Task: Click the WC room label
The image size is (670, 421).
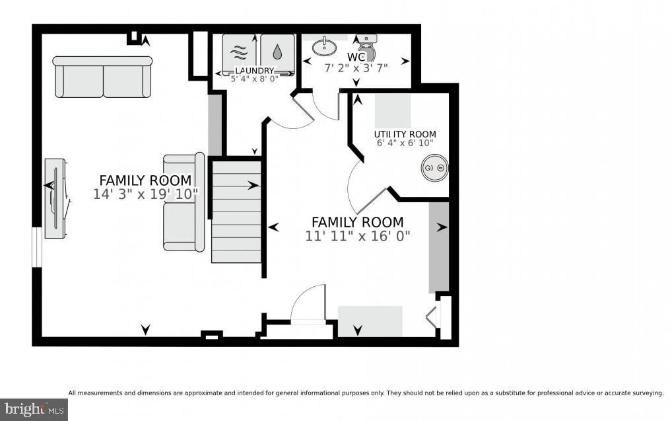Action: (356, 57)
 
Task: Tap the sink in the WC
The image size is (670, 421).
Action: (324, 47)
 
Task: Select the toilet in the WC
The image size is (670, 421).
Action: (366, 47)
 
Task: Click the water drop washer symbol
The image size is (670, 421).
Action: (277, 54)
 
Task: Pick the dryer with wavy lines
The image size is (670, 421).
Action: (239, 54)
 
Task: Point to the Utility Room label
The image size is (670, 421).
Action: (405, 134)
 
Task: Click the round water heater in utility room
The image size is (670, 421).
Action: (434, 167)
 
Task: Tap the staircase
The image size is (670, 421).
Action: (236, 211)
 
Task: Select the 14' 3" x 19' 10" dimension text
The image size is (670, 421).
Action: (146, 194)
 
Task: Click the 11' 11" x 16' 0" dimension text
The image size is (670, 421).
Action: (358, 236)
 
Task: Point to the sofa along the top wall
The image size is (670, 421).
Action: (102, 77)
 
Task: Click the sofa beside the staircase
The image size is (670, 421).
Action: (184, 201)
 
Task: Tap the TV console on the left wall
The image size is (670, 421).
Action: (56, 198)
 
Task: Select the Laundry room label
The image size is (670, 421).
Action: (254, 71)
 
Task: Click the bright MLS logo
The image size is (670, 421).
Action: (34, 410)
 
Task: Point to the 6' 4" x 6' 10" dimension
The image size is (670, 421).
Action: (405, 143)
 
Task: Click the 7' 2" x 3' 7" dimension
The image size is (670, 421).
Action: (356, 67)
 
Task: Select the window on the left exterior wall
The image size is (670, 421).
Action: (38, 247)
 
